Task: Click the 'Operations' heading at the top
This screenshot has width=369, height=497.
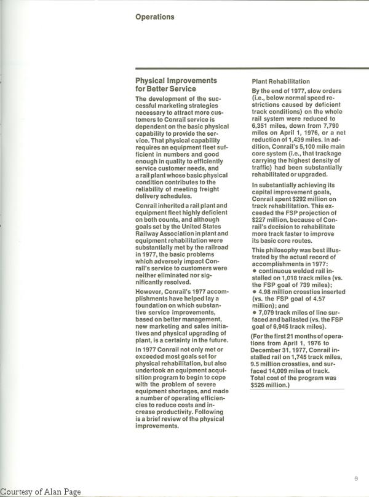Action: click(x=154, y=17)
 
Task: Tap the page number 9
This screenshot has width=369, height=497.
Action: click(x=356, y=479)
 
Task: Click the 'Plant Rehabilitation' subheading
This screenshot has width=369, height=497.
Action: click(x=280, y=82)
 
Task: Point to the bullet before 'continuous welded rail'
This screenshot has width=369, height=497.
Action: click(x=253, y=270)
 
